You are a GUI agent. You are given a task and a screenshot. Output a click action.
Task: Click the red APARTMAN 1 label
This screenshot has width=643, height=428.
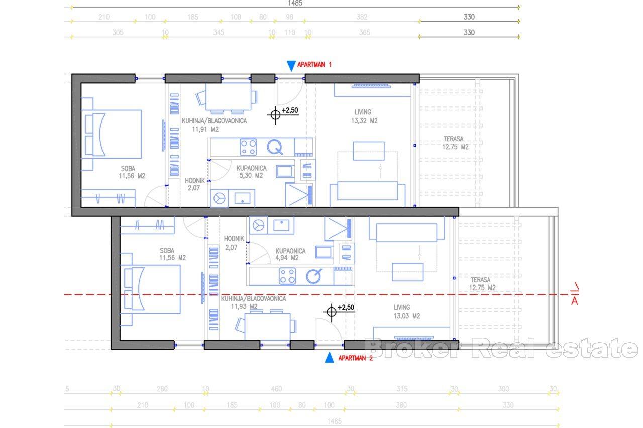tap(314, 65)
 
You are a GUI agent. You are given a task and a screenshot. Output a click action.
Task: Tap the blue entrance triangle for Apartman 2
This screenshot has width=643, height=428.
tap(329, 357)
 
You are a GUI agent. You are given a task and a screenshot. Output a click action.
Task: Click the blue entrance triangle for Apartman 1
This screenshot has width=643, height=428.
tap(291, 66)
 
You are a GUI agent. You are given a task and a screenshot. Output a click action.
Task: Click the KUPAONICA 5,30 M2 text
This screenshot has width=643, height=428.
tap(246, 172)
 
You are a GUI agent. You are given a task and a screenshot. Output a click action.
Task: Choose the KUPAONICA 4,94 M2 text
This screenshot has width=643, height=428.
tap(287, 254)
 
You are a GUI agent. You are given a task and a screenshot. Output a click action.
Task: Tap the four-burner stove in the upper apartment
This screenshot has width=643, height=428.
tap(248, 147)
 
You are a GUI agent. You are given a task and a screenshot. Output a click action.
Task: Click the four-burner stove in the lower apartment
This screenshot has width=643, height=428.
tap(287, 276)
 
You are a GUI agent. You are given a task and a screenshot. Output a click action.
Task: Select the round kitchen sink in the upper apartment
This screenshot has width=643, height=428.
tap(275, 147)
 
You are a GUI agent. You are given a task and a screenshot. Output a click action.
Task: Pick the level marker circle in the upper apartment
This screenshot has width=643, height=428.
tap(275, 115)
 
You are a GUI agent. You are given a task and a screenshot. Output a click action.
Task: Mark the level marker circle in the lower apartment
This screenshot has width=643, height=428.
tap(331, 312)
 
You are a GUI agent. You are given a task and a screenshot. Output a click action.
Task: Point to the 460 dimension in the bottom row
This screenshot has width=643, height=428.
tap(276, 389)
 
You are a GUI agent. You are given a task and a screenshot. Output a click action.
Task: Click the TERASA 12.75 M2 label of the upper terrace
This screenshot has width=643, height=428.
tap(455, 143)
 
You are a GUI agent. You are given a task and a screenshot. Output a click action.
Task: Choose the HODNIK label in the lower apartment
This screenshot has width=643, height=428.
tap(235, 239)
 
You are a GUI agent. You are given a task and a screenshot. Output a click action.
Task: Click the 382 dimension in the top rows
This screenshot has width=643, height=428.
tap(362, 17)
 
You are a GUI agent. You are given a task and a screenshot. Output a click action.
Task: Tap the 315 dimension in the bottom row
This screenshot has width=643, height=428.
tap(401, 389)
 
